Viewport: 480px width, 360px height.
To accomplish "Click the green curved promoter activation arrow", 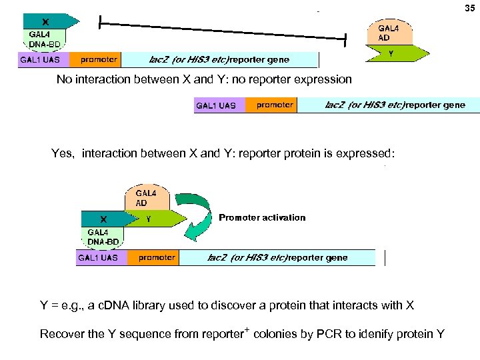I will click(x=199, y=213).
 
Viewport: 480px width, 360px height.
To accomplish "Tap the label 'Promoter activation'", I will click(x=262, y=217).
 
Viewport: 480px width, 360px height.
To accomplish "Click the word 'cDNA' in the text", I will click(x=111, y=305).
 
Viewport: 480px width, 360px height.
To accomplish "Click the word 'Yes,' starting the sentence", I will click(x=64, y=153).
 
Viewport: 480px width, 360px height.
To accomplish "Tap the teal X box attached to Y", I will click(x=103, y=218).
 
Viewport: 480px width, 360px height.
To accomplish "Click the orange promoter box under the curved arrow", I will click(x=157, y=257).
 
